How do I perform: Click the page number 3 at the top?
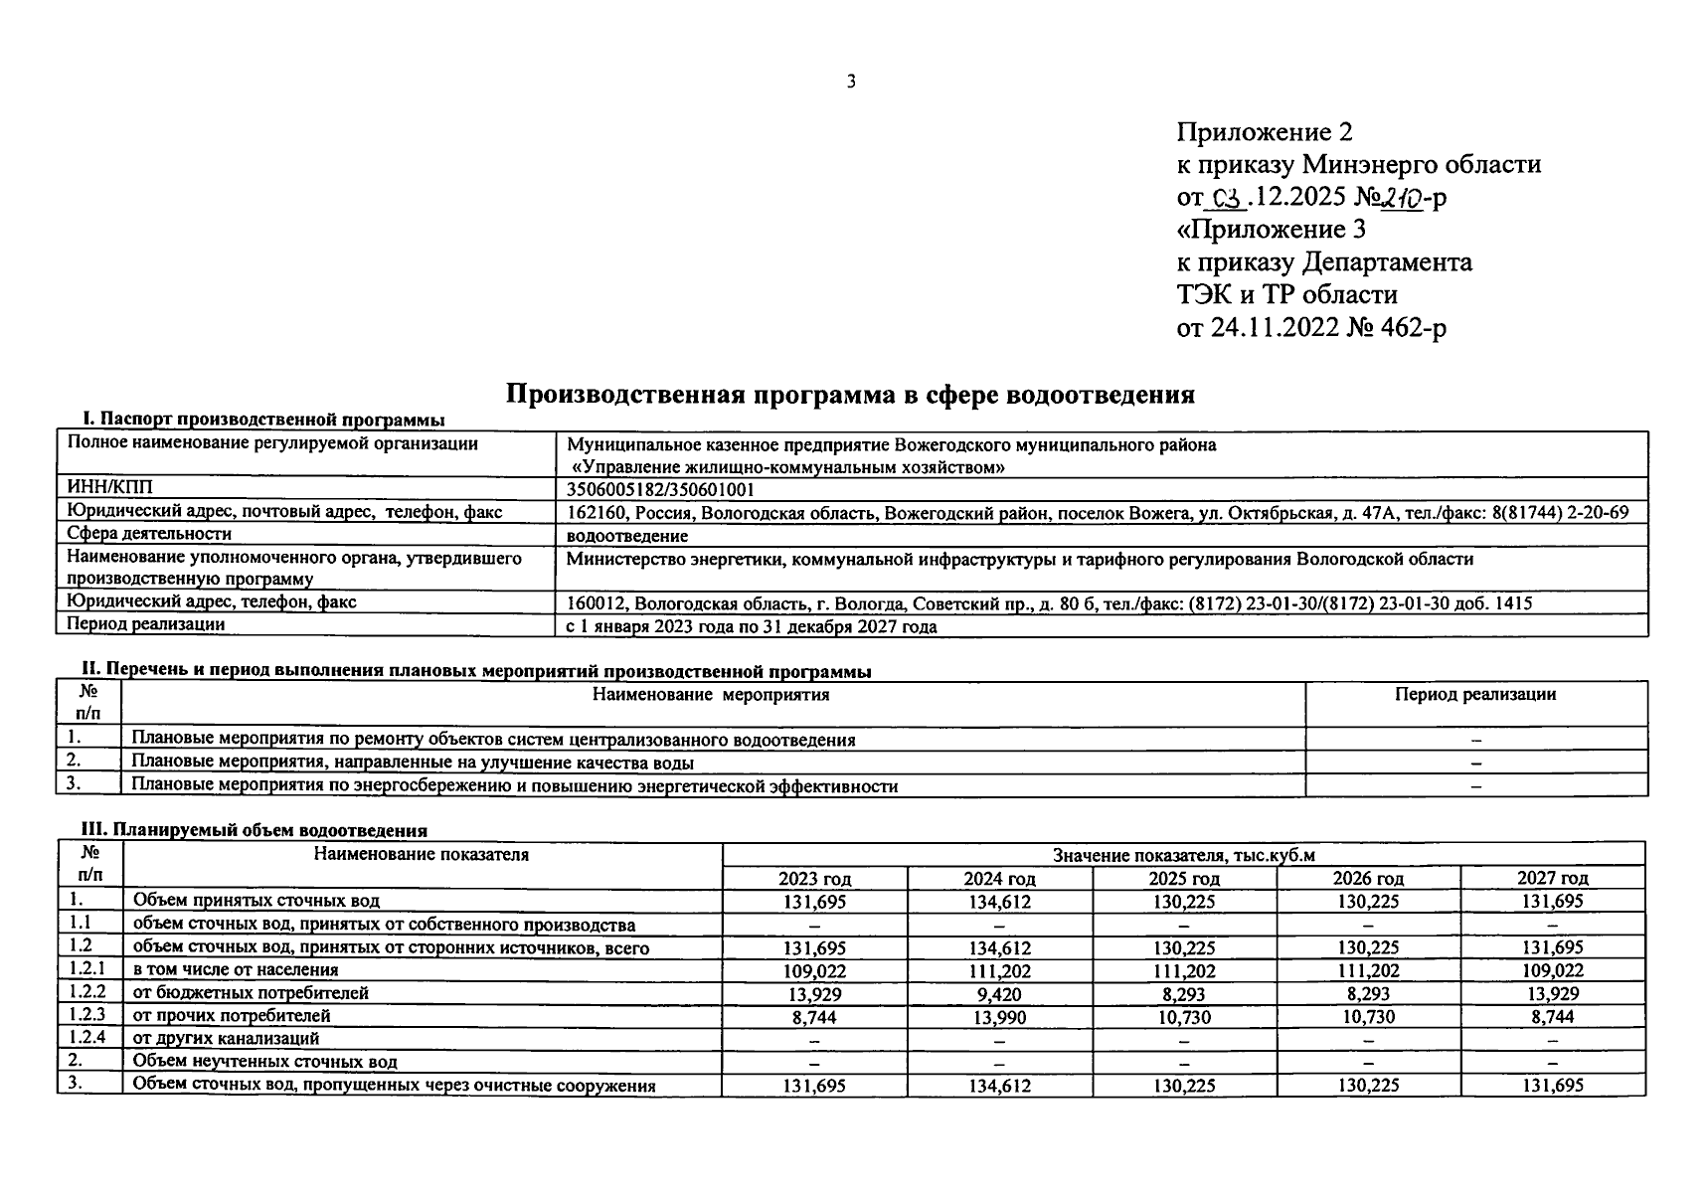851,82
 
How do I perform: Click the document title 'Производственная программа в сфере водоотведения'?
850,395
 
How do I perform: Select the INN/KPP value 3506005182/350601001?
660,489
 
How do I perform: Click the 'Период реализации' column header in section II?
1475,695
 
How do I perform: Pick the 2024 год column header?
999,879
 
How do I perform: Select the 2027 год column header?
1552,879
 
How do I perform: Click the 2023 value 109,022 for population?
814,970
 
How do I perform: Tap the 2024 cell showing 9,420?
999,993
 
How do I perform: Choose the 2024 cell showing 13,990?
999,1017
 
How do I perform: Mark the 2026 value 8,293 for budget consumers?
1368,993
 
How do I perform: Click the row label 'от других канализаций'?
226,1039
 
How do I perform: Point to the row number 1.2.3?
87,1015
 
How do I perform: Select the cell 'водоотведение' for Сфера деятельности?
627,536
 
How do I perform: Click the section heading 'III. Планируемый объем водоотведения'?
254,830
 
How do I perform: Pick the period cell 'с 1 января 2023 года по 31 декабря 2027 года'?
751,627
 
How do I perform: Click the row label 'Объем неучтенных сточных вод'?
264,1062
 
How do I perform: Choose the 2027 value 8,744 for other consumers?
1552,1017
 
